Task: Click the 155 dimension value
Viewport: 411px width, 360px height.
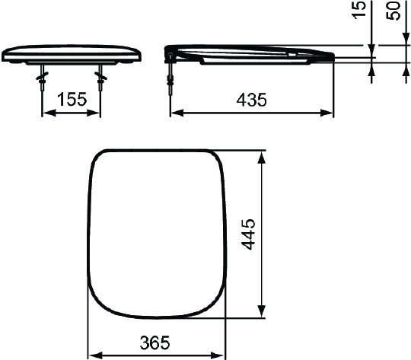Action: coord(71,99)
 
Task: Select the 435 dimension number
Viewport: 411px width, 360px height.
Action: coord(252,99)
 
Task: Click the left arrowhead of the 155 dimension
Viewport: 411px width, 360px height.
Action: coord(44,113)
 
